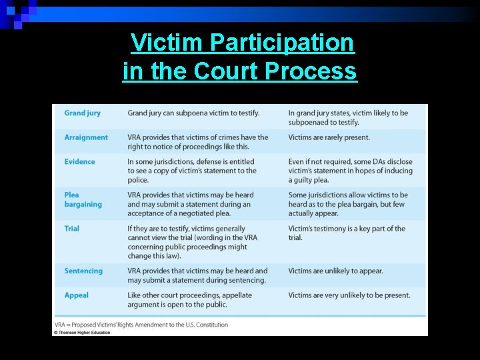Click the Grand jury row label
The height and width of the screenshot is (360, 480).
[x=83, y=113]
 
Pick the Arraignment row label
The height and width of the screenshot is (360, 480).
[x=86, y=137]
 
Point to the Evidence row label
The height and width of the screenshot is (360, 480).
[x=80, y=161]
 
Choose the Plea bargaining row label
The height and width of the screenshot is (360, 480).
[x=83, y=199]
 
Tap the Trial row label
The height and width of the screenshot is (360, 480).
[x=72, y=228]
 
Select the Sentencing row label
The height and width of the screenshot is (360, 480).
[x=84, y=271]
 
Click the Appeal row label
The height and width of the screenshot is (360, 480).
[x=77, y=295]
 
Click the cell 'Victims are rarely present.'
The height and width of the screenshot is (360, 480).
[x=329, y=137]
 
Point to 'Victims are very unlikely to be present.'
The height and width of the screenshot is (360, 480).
[x=349, y=295]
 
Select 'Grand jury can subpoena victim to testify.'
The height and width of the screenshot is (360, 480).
[x=194, y=113]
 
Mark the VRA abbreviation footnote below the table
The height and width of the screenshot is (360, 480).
[x=141, y=325]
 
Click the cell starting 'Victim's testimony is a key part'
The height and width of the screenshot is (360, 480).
[x=347, y=233]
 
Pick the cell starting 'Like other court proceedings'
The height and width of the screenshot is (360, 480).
[x=190, y=299]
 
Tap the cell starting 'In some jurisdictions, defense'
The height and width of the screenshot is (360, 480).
[x=192, y=171]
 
